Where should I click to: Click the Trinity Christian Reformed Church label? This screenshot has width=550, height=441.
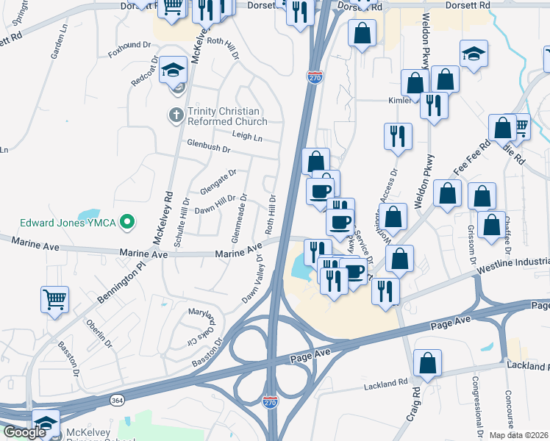227,116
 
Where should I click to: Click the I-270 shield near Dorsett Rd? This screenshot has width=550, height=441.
315,76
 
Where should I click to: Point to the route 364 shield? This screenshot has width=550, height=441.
117,400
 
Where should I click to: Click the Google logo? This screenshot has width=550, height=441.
24,432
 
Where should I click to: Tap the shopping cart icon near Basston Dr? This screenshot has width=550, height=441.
54,300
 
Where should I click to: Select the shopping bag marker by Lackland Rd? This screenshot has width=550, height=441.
428,362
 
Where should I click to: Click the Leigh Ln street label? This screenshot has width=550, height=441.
247,137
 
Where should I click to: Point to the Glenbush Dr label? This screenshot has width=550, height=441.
208,148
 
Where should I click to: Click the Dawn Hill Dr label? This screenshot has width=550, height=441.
215,205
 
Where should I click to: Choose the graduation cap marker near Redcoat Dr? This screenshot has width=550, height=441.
175,70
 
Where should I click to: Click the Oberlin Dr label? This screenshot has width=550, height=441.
100,333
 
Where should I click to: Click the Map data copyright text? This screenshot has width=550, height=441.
519,434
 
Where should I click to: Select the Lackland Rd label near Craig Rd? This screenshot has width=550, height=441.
385,383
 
